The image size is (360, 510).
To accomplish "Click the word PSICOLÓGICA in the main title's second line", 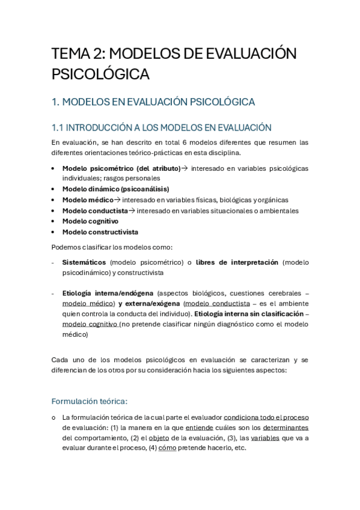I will point(100,75).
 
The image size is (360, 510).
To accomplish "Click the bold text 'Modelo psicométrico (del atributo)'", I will point(121,168).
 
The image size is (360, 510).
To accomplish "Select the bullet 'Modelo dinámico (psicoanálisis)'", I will point(107,189).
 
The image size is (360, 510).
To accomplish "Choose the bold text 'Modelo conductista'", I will point(95,210).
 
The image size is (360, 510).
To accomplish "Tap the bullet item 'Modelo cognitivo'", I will point(90,221).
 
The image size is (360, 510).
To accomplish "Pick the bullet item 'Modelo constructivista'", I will point(100,232).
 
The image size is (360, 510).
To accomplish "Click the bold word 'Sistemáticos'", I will point(84,262).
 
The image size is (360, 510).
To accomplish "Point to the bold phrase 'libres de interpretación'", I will point(237,262).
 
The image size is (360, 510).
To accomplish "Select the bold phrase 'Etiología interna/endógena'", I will point(108,293).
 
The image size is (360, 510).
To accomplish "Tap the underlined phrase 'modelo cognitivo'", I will point(90,324).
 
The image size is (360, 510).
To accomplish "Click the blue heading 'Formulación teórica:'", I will point(90,401).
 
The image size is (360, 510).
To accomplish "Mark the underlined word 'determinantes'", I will point(285,428).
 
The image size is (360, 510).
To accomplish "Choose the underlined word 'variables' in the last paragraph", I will point(265,438).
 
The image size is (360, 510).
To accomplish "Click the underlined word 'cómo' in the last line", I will point(166,448).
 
